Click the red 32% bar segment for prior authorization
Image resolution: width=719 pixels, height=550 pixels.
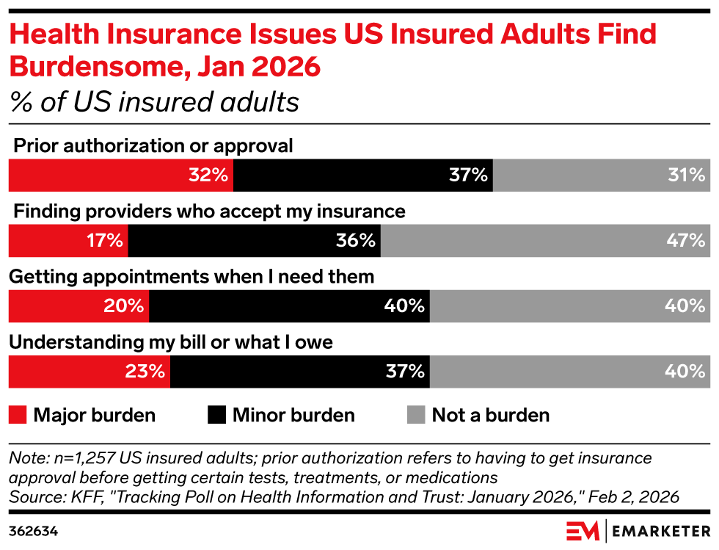tap(120, 176)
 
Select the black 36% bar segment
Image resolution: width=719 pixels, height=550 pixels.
tap(254, 241)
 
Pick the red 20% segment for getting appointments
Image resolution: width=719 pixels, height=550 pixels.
tap(79, 306)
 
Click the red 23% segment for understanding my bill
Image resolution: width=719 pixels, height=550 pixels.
tap(89, 372)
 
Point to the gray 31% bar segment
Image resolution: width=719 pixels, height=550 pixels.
tap(602, 176)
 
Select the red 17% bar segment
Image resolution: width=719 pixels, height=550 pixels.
tap(67, 241)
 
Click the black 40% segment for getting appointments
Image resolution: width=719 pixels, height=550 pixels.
tap(289, 306)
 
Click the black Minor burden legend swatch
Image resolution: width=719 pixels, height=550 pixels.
tap(216, 416)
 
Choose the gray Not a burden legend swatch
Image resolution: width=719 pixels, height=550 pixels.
tap(415, 416)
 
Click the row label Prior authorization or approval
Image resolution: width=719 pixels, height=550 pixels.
tap(153, 146)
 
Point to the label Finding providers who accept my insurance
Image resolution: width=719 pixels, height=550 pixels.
tap(209, 211)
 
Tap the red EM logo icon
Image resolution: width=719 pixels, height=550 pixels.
tap(583, 530)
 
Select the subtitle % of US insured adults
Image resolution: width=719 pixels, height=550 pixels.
tap(154, 101)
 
